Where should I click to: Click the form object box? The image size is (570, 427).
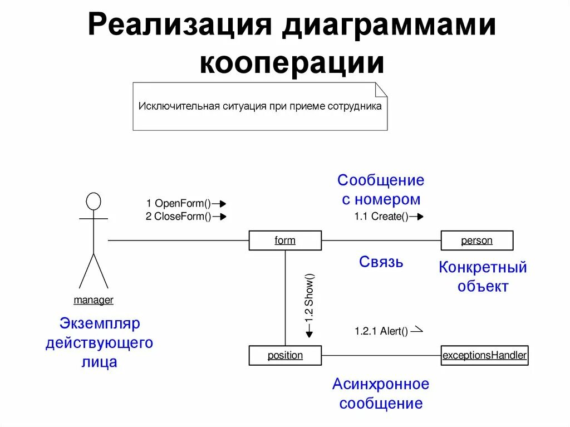285,241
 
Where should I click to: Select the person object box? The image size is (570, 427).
477,241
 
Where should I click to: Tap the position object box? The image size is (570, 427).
285,355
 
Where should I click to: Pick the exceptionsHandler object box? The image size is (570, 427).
484,355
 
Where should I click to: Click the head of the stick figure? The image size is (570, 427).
94,201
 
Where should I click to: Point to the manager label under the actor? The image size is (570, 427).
94,300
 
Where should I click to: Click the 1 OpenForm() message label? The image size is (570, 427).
179,204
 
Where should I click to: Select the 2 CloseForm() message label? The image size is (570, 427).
179,217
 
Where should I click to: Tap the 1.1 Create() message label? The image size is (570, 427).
381,217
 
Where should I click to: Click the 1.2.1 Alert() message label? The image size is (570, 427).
381,331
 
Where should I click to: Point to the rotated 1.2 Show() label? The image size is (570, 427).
309,298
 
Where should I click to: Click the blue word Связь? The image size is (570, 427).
381,262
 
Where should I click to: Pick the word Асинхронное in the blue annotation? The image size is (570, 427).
381,384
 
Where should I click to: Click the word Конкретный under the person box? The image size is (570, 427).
483,267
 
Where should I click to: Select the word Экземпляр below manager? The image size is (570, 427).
100,323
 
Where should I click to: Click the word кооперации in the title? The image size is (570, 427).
292,63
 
